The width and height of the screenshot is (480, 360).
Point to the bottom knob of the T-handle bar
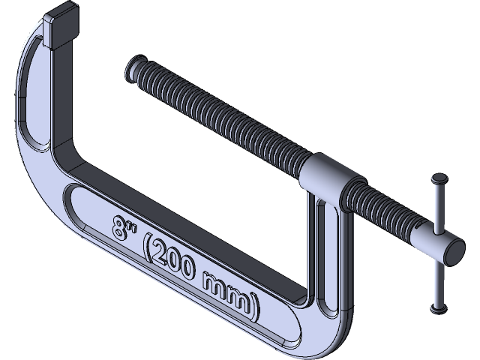tap(437, 307)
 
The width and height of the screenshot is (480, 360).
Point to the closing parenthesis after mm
tap(256, 307)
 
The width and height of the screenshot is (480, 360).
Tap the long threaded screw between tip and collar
tap(225, 120)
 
